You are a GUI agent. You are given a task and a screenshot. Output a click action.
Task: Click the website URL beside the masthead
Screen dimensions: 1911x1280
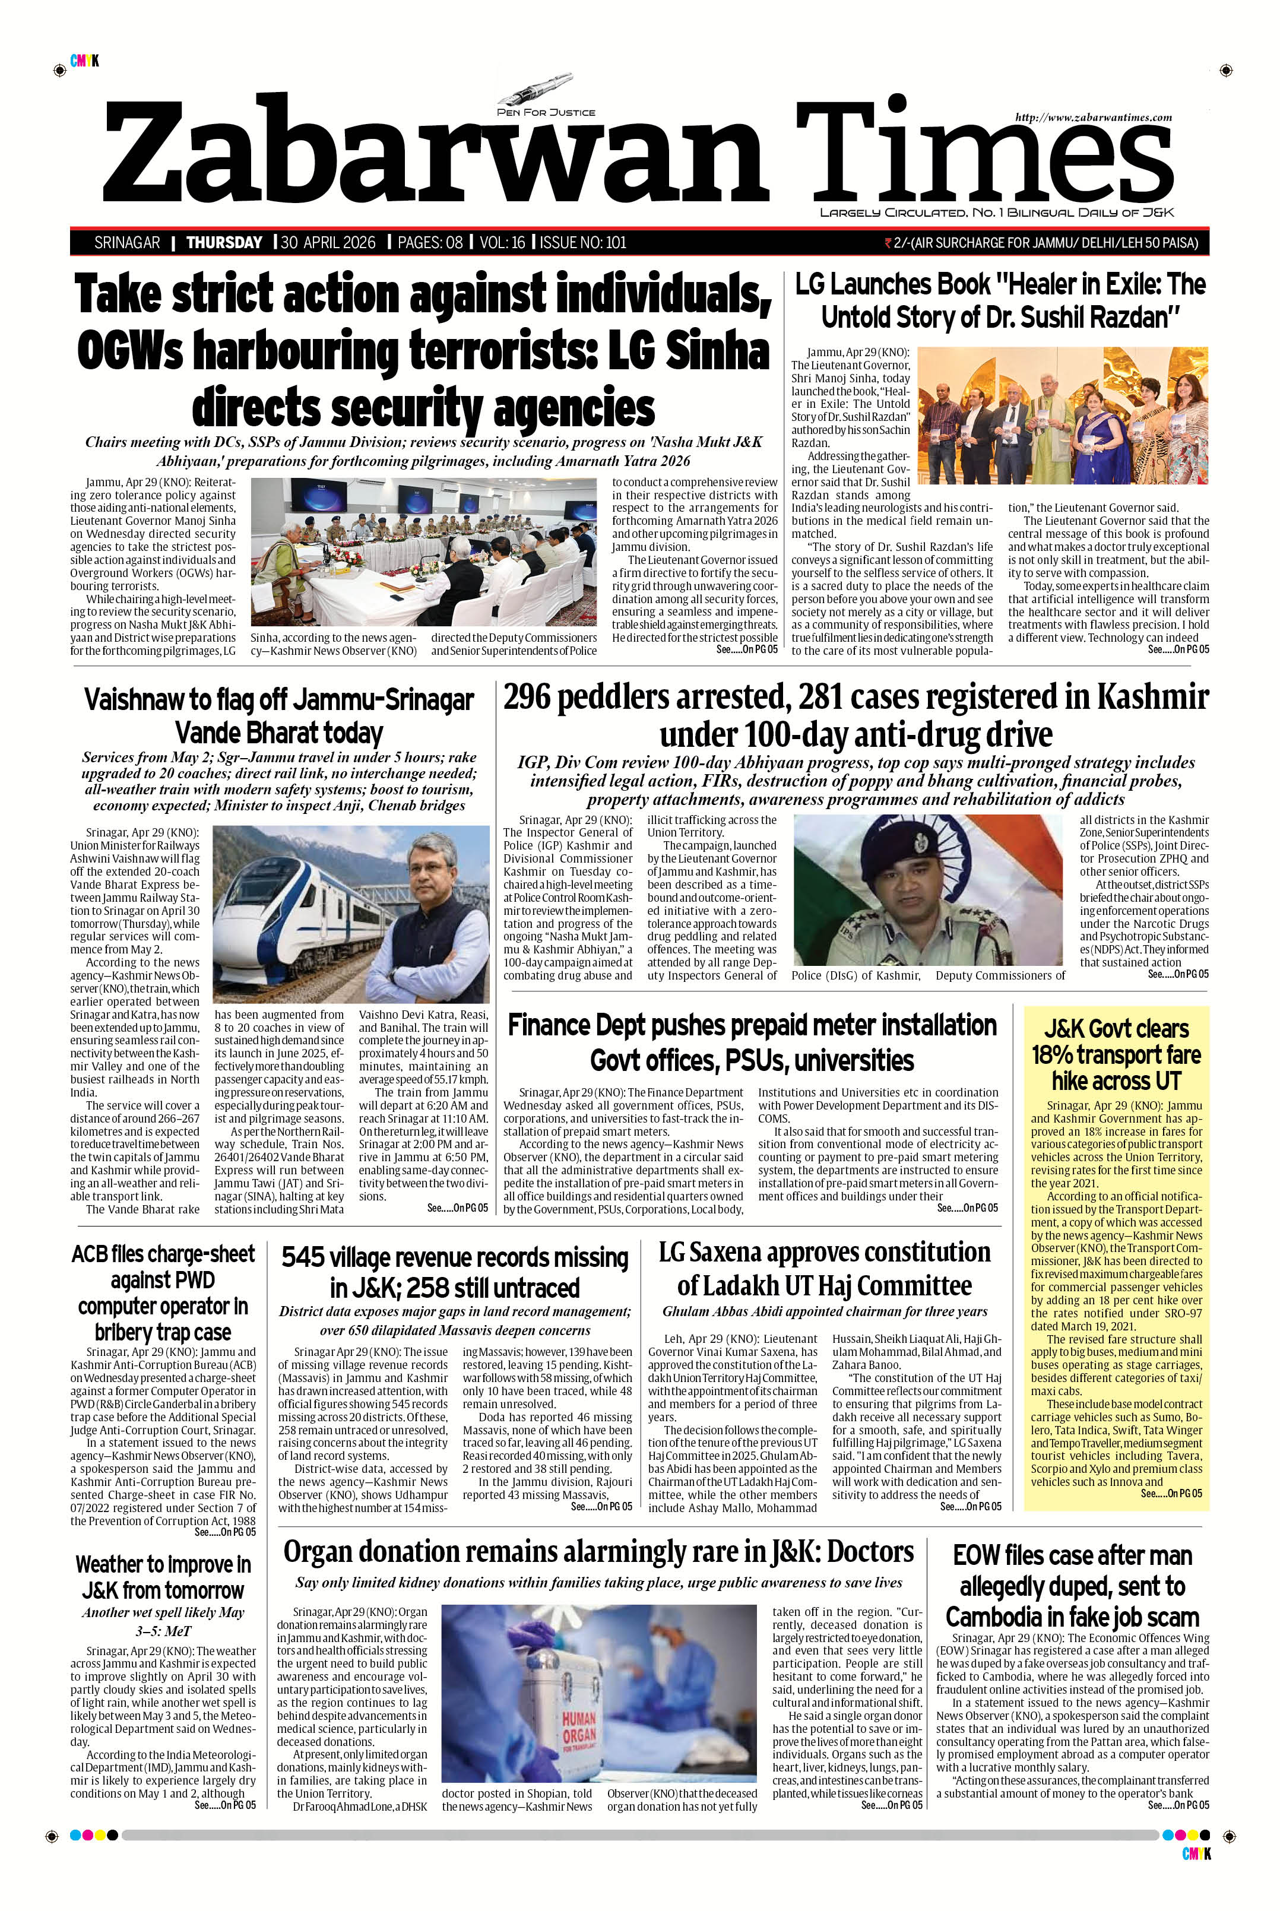(1093, 118)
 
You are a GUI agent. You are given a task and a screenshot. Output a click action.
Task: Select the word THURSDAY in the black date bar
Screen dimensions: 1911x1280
(224, 242)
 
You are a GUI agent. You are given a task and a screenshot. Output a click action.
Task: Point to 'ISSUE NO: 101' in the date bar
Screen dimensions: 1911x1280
(583, 242)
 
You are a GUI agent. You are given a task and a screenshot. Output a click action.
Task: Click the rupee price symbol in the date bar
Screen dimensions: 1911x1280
(888, 242)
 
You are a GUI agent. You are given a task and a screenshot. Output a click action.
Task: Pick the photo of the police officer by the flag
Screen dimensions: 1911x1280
(927, 890)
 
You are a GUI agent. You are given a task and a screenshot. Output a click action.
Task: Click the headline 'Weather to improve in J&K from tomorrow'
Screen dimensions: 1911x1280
(163, 1577)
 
